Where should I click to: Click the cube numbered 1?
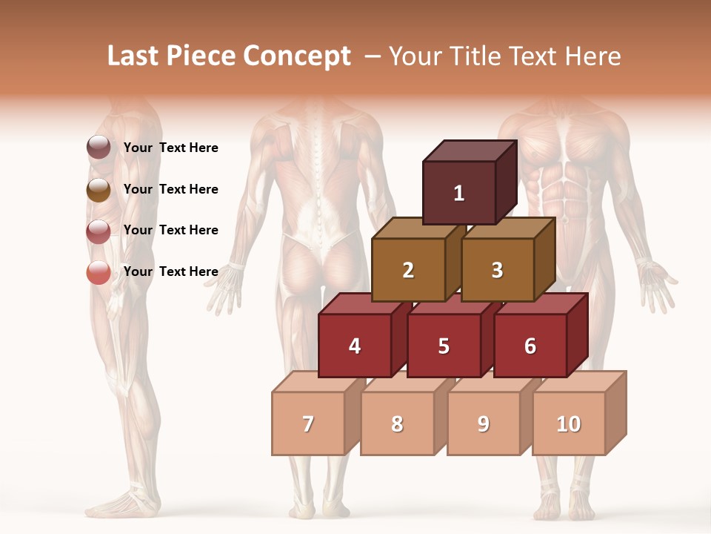point(459,193)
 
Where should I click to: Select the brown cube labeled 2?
point(408,270)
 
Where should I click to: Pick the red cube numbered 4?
point(355,346)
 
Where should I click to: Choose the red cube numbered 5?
point(444,346)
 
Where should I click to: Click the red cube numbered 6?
point(530,346)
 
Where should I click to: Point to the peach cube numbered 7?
point(308,423)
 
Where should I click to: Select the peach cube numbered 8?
point(397,423)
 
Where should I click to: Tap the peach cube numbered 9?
point(484,423)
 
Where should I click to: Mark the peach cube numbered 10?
point(569,423)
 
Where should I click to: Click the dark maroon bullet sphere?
point(99,148)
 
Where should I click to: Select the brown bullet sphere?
point(99,190)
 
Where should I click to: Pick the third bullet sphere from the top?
point(99,231)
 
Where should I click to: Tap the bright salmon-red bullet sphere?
point(99,273)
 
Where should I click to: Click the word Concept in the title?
point(296,56)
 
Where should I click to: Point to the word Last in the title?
point(134,56)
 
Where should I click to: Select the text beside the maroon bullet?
point(171,148)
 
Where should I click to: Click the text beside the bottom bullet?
point(171,271)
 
